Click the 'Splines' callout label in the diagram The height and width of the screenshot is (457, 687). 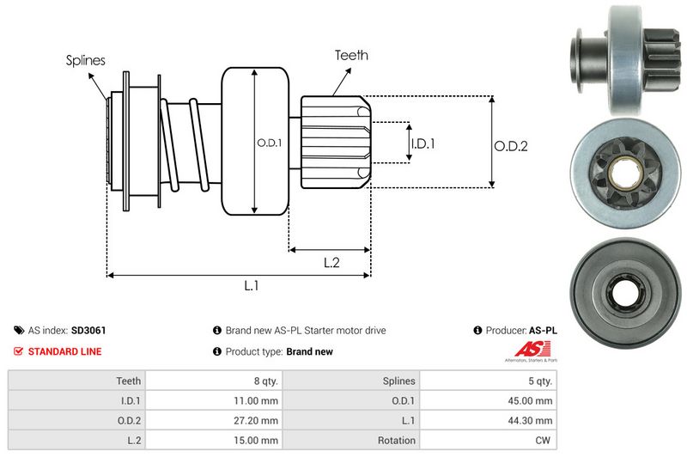(85, 60)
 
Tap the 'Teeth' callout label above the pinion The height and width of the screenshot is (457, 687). (351, 55)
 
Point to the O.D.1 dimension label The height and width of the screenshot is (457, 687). (269, 143)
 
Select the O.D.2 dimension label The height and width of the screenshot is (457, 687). (510, 146)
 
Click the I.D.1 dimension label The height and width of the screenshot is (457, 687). (423, 143)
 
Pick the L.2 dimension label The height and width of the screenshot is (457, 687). (332, 264)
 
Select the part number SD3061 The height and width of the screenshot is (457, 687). (89, 330)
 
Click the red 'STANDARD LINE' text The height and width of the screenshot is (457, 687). (64, 351)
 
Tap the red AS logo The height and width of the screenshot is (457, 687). (525, 348)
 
